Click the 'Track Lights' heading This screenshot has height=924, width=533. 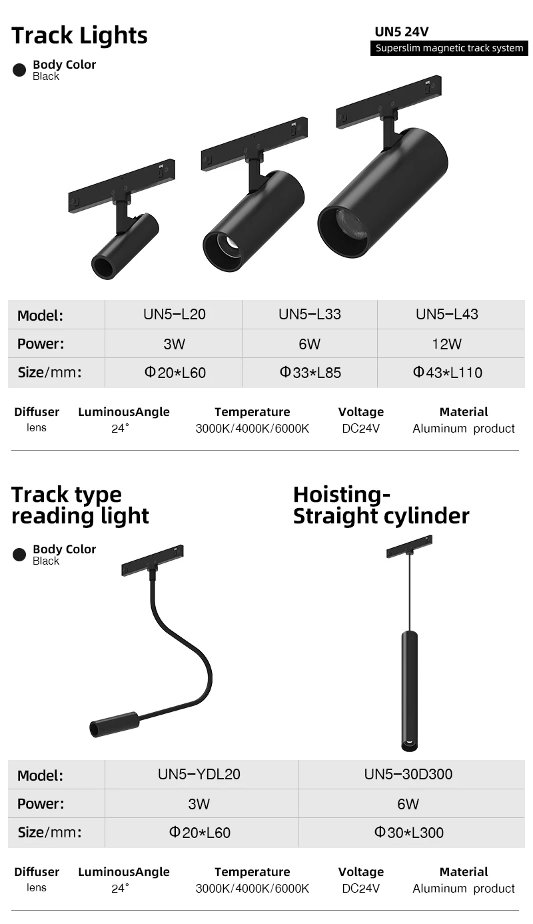coord(79,35)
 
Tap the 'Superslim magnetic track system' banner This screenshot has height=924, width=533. coord(449,48)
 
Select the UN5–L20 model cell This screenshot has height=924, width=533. coord(175,314)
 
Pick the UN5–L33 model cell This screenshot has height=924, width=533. coord(310,314)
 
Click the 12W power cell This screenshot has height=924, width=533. coord(446,344)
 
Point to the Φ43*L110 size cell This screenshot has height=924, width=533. coord(447,372)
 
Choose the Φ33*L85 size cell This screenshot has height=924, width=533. coord(310,372)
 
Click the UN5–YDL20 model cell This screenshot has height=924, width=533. coord(199,774)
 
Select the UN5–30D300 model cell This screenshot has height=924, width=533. coord(408,774)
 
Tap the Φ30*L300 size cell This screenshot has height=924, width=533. coord(408,832)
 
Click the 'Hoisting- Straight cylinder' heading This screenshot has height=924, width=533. coord(381,505)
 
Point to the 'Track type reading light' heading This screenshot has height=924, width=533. coord(80,505)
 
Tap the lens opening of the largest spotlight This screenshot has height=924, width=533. coord(343,231)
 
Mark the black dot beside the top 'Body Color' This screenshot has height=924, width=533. coord(20,70)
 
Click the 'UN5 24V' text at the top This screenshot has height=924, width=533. coord(401,31)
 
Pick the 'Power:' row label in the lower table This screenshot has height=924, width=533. coord(41,803)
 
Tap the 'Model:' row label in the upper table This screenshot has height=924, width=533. coord(40,315)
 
